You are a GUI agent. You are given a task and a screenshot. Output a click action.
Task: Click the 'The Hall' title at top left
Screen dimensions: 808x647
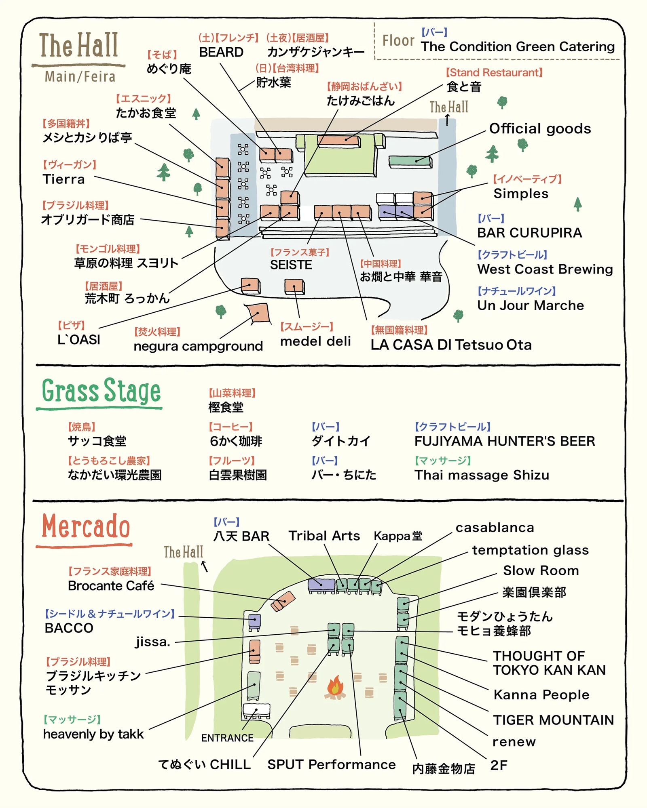coord(79,45)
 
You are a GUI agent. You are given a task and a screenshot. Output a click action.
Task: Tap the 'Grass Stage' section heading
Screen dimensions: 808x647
coord(101,391)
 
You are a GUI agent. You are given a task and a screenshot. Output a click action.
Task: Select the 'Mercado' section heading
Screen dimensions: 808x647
coord(86,527)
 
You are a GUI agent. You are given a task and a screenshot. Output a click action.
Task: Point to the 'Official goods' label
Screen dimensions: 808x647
coord(540,129)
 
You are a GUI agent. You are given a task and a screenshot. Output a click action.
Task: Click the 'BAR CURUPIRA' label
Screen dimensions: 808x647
coord(529,233)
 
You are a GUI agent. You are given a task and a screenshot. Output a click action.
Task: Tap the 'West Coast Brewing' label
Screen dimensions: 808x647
coord(545,269)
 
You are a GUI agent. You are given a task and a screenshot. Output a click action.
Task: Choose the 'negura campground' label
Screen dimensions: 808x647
coord(198,346)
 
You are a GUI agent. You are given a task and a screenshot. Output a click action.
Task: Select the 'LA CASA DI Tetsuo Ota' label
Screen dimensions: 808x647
coord(451,345)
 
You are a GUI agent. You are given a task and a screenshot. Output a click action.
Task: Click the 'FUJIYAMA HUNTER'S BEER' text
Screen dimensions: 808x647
coord(505,441)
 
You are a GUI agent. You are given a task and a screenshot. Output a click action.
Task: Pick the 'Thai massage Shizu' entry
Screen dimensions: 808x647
coord(482,475)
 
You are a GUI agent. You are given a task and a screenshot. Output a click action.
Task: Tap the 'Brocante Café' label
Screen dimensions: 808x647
coord(111,586)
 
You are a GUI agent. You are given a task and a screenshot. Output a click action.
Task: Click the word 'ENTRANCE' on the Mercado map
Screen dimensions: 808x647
coord(227,738)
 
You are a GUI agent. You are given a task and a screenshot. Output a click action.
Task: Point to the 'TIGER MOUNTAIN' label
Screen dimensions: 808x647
coord(553,720)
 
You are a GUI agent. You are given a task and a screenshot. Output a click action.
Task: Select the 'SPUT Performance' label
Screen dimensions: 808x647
coord(331,764)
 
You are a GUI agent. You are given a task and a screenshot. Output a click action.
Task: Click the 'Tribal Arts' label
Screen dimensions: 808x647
coord(324,536)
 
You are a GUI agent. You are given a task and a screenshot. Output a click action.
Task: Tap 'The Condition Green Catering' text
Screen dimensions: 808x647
coord(518,47)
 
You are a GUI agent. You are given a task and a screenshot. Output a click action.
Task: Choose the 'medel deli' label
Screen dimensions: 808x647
coord(315,341)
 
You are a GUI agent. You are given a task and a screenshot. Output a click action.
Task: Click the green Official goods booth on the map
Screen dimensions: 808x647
coord(410,161)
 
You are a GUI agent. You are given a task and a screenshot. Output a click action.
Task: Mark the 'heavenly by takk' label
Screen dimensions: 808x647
coord(93,734)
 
